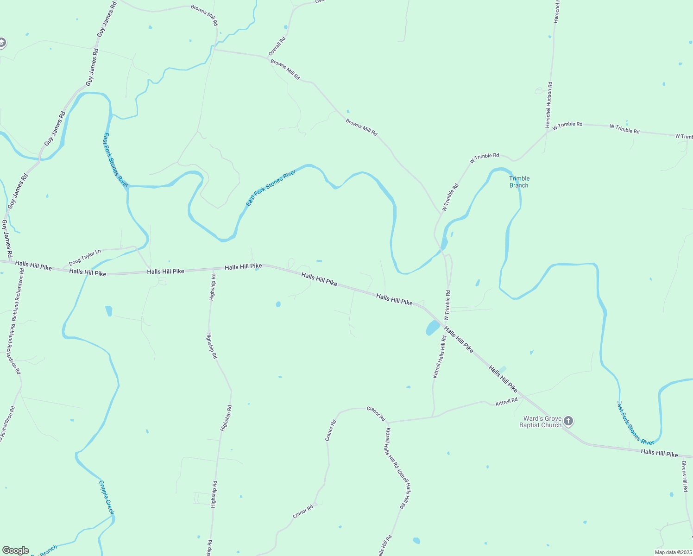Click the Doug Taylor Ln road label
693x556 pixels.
tap(85, 258)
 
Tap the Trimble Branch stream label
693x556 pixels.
tap(519, 182)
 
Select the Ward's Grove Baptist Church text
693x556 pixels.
tap(540, 422)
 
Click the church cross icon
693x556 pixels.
tap(568, 421)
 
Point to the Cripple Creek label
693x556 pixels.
tap(106, 497)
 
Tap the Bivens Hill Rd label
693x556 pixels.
tap(685, 475)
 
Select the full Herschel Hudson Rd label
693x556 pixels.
tap(549, 105)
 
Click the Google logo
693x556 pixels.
tap(16, 550)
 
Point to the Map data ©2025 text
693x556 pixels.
tap(673, 552)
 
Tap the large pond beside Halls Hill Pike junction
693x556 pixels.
tap(432, 328)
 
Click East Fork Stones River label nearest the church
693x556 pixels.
tap(635, 423)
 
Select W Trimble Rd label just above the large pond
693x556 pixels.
tap(447, 305)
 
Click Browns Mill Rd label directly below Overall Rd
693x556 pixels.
tap(285, 69)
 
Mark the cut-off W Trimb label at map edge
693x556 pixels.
tap(684, 136)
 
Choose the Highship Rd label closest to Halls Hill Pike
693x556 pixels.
tap(212, 287)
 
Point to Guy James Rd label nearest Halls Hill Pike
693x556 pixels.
tap(6, 238)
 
